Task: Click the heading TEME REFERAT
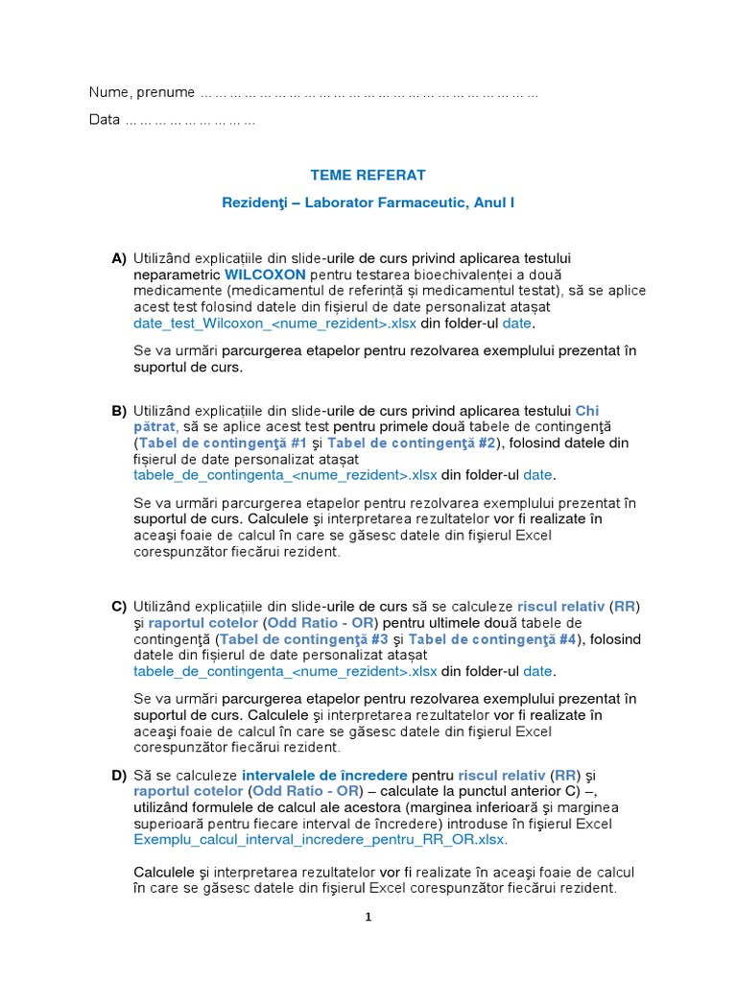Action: pos(368,175)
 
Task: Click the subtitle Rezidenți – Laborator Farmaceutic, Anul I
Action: pos(368,204)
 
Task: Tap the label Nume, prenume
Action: pos(141,92)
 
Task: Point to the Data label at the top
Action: pos(104,120)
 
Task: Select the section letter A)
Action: pos(119,258)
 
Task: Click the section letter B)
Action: pos(119,410)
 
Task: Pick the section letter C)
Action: pos(119,606)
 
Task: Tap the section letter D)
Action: pos(119,775)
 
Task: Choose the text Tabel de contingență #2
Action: pos(411,443)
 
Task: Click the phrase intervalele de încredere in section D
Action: pos(325,775)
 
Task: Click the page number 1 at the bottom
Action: pos(368,917)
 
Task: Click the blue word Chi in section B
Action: pos(587,410)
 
